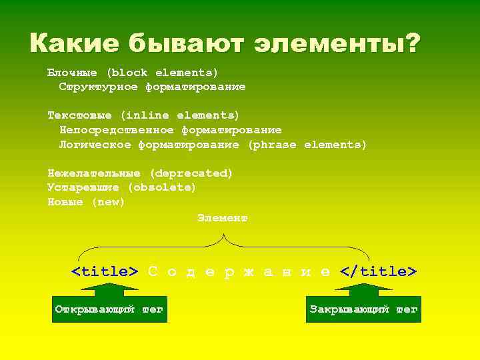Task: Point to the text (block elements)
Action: point(163,72)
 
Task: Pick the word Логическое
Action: point(95,144)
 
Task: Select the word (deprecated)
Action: point(191,173)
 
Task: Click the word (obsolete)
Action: point(162,187)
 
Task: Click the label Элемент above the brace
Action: point(223,218)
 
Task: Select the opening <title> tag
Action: point(105,271)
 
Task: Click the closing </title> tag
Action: point(378,271)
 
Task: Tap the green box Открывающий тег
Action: point(109,309)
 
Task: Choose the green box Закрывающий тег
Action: point(363,309)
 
